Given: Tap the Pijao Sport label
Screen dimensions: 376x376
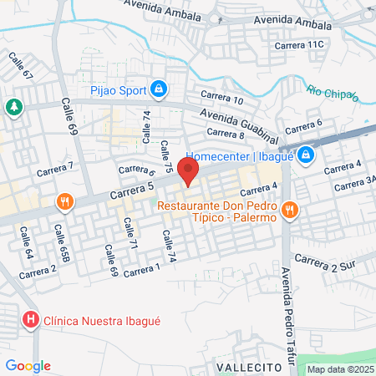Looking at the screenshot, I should coord(117,89).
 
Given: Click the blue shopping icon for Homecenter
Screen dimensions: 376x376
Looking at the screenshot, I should coord(307,155).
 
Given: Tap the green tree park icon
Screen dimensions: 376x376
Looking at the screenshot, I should coord(13,107).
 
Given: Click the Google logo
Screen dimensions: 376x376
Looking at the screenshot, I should coord(28,365).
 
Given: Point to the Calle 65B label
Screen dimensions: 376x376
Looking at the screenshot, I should coord(62,241).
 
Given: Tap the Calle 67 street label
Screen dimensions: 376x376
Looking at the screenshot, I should coord(21,67).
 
